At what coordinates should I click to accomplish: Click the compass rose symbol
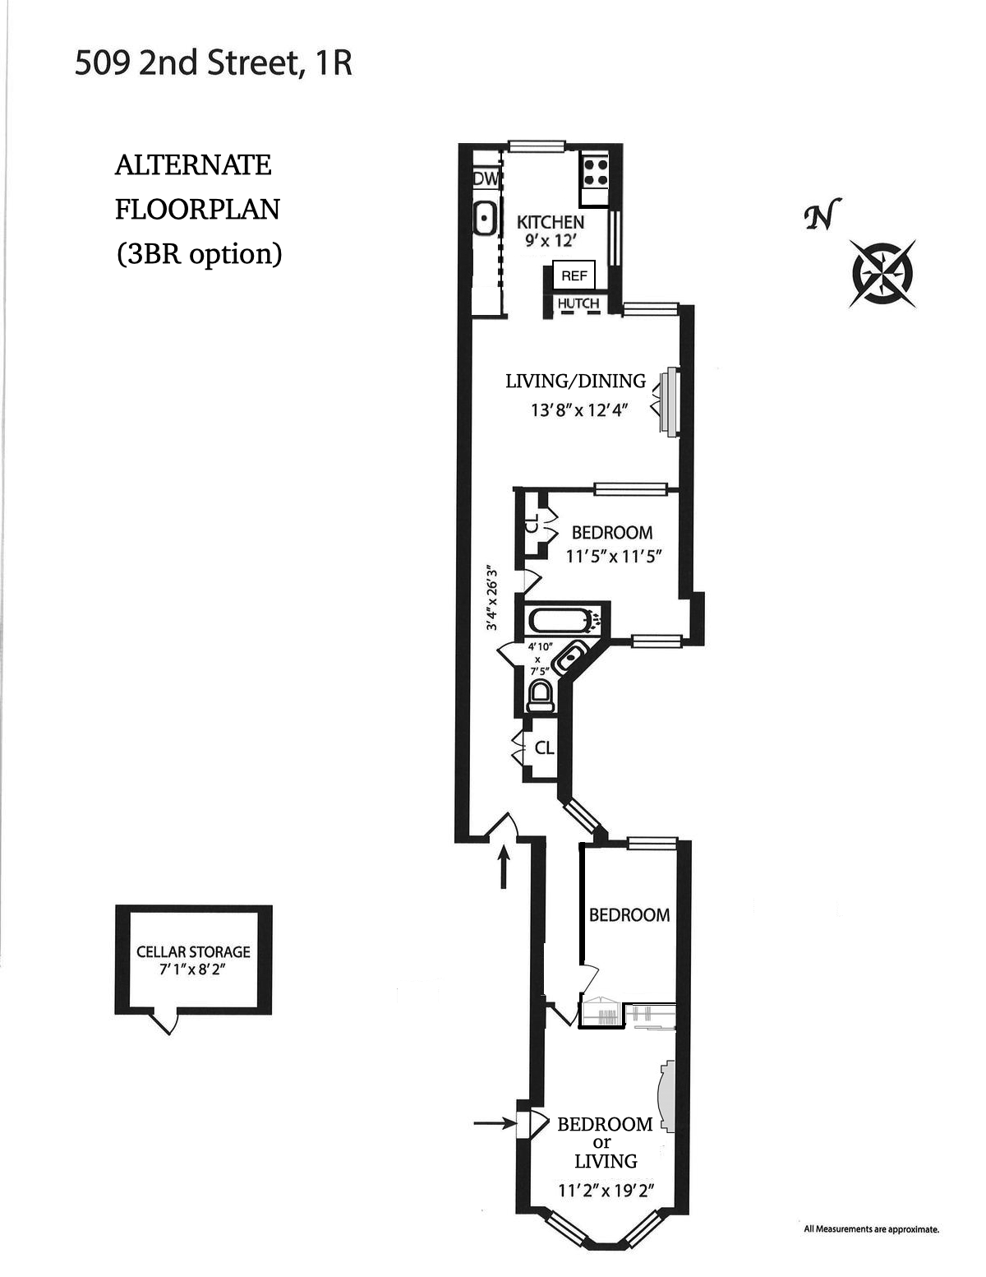click(883, 273)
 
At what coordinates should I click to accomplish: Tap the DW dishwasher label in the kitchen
click(486, 178)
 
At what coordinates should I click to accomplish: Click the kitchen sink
click(485, 219)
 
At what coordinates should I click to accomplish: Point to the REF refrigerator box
click(574, 276)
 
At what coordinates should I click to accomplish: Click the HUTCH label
click(578, 303)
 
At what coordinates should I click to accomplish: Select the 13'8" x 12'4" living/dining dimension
click(578, 409)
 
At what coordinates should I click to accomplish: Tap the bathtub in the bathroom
click(560, 620)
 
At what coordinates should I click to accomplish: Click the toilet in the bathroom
click(540, 695)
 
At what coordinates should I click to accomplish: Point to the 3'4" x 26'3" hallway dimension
click(492, 597)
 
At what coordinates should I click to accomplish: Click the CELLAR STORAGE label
click(193, 951)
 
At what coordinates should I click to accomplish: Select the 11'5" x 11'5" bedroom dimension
click(614, 556)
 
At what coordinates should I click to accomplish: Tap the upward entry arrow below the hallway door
click(505, 869)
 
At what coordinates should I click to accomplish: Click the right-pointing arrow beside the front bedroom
click(495, 1122)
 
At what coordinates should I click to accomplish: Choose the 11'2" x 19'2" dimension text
click(605, 1190)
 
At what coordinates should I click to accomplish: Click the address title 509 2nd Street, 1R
click(213, 63)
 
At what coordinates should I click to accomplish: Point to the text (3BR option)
click(199, 253)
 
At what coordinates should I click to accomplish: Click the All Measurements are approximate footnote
click(870, 1229)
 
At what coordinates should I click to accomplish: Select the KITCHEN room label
click(550, 222)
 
